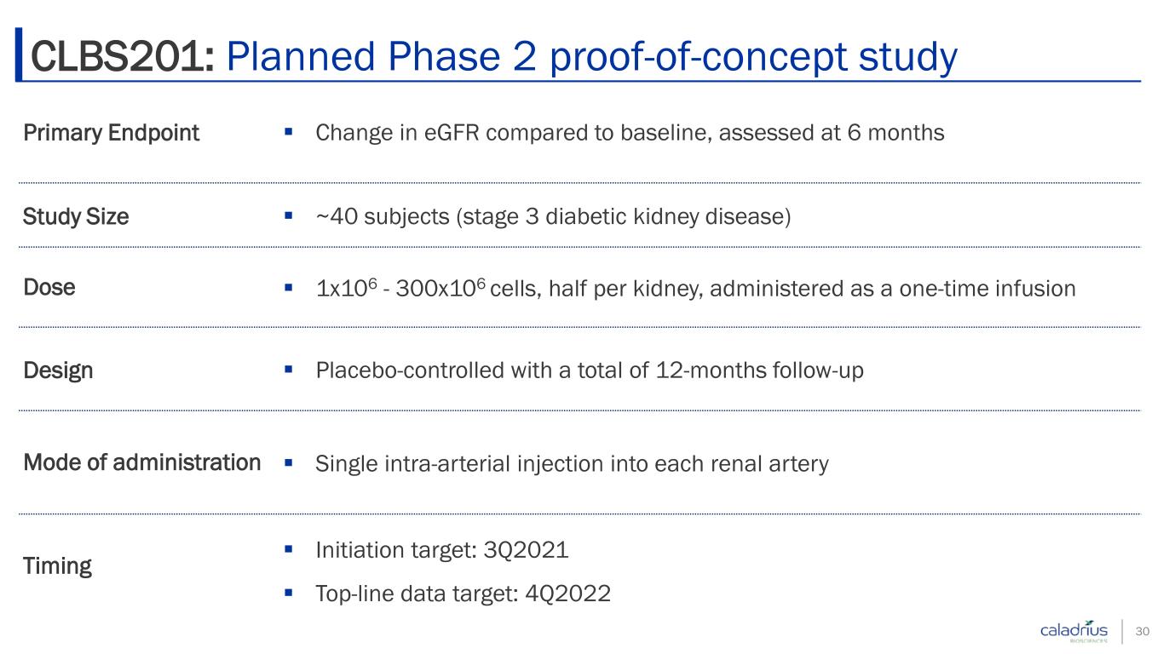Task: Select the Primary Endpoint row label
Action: click(x=111, y=133)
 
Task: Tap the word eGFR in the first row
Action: click(x=452, y=132)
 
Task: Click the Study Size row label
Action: click(x=76, y=216)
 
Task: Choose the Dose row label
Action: click(x=49, y=288)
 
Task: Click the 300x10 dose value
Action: click(x=435, y=289)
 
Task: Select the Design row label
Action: click(x=58, y=370)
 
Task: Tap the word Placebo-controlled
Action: click(x=410, y=370)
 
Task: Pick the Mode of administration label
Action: click(x=141, y=462)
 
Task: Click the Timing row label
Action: click(x=57, y=566)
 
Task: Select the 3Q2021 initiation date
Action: click(x=526, y=550)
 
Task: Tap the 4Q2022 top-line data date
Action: click(x=568, y=594)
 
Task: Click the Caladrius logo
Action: click(x=1074, y=631)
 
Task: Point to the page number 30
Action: click(x=1143, y=631)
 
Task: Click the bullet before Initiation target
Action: click(x=289, y=548)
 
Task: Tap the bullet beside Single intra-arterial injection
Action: click(x=289, y=462)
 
